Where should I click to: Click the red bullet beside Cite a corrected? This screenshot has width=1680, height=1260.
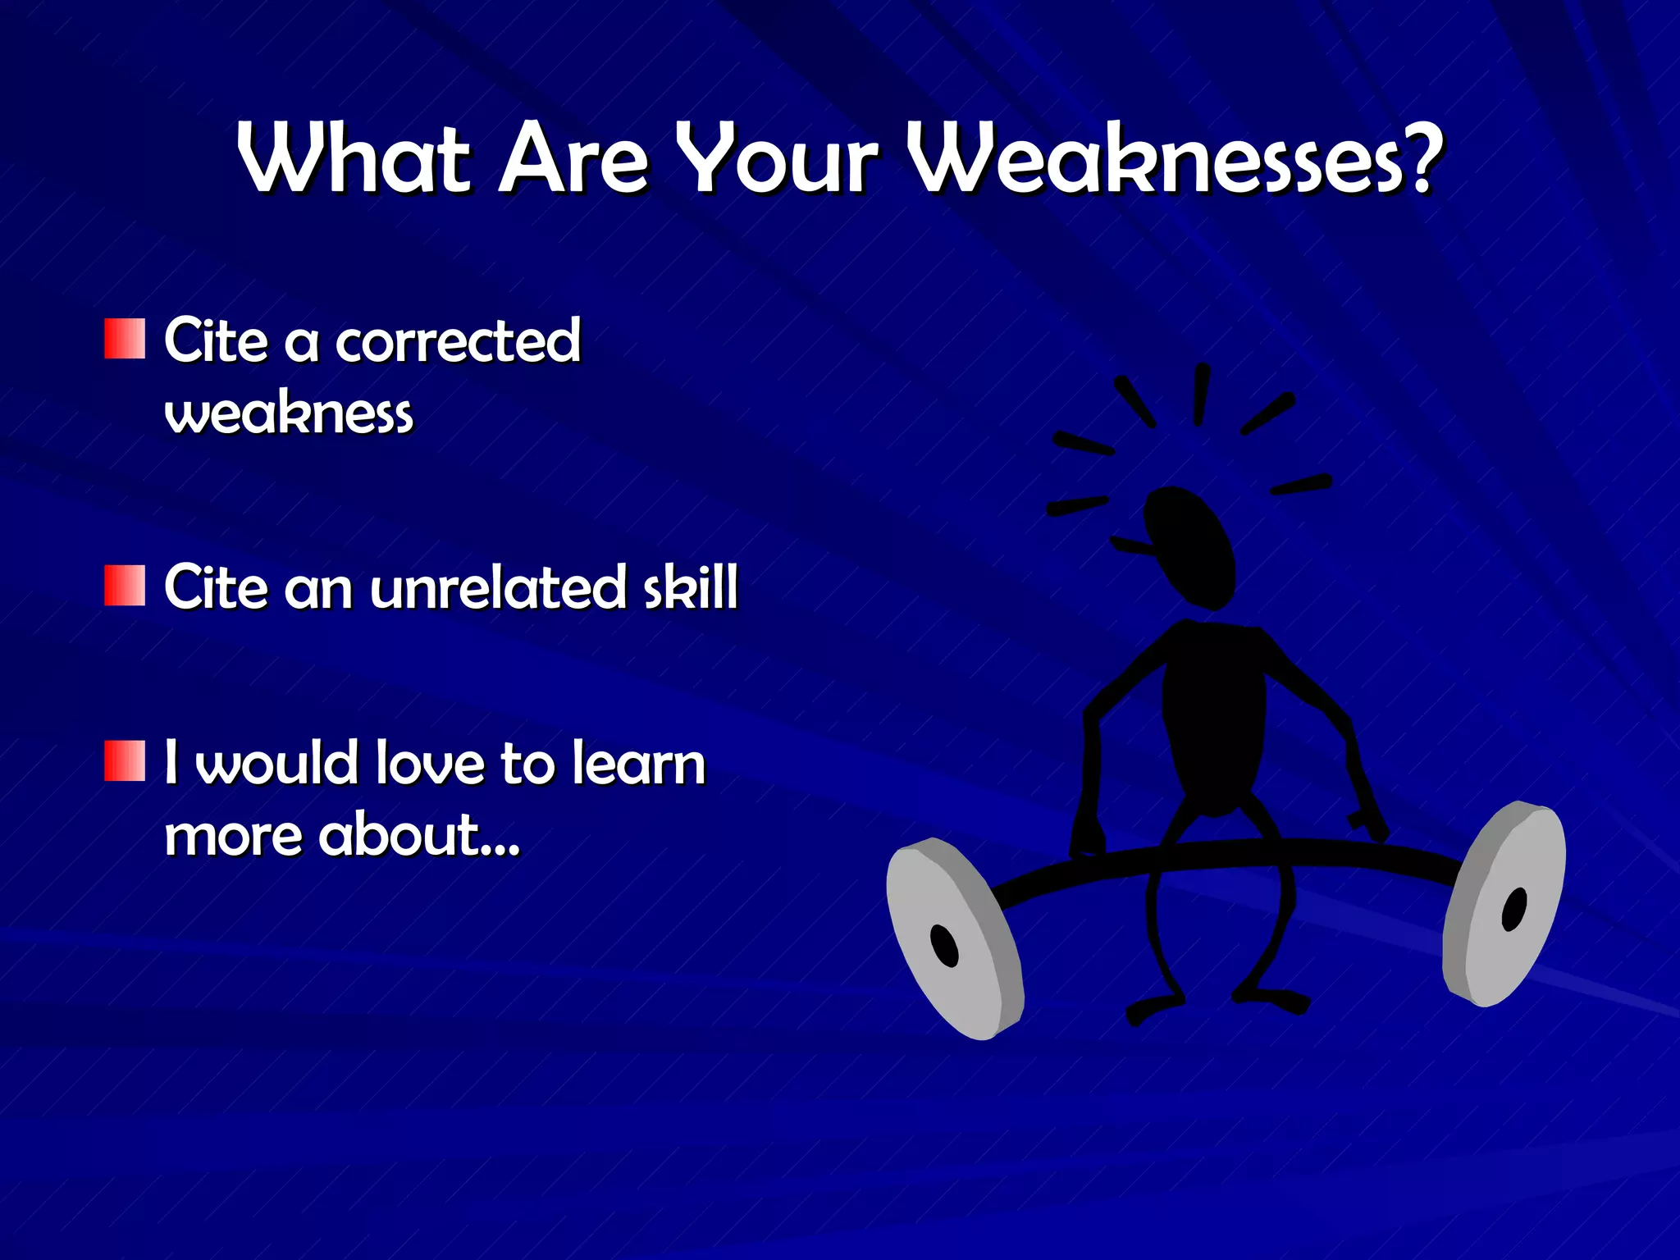[125, 340]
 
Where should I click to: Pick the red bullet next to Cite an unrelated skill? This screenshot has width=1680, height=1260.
[125, 586]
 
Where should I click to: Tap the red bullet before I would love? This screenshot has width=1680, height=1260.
[125, 761]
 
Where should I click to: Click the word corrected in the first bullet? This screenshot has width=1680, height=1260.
[458, 341]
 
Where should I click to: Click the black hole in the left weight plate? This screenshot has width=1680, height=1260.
[944, 946]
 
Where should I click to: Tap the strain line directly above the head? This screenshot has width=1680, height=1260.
[1201, 395]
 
